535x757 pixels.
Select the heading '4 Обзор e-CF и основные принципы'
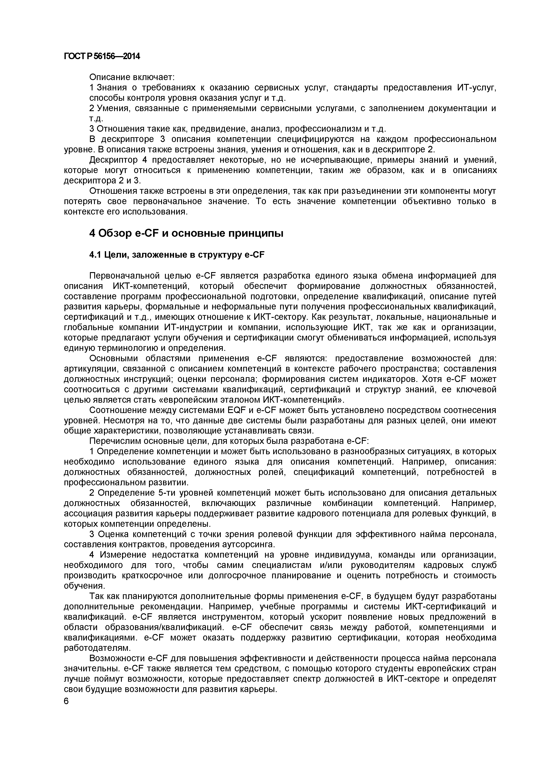186,233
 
